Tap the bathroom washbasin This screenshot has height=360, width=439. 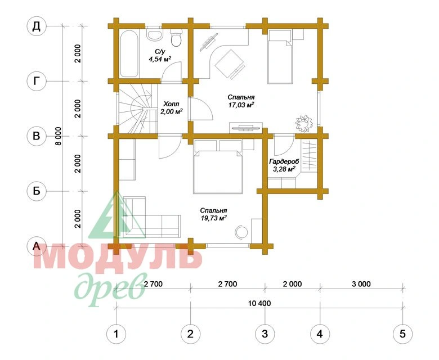coord(154,34)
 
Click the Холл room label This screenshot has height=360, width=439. coord(171,104)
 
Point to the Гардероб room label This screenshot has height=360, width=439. coord(284,161)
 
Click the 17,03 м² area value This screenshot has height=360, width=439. coord(241,105)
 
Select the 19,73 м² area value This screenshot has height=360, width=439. coord(214,218)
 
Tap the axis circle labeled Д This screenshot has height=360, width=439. coord(36,26)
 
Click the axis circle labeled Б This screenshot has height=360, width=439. coord(37,191)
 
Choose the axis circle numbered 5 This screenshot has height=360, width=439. coord(402,334)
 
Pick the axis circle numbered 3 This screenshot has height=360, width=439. coord(265,334)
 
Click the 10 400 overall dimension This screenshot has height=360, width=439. coord(259,303)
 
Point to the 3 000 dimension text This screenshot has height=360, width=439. coord(361,284)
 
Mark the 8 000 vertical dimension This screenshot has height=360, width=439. coord(58,136)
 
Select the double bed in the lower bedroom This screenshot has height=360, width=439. coord(218,166)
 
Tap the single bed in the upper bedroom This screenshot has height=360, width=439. coord(280,57)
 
